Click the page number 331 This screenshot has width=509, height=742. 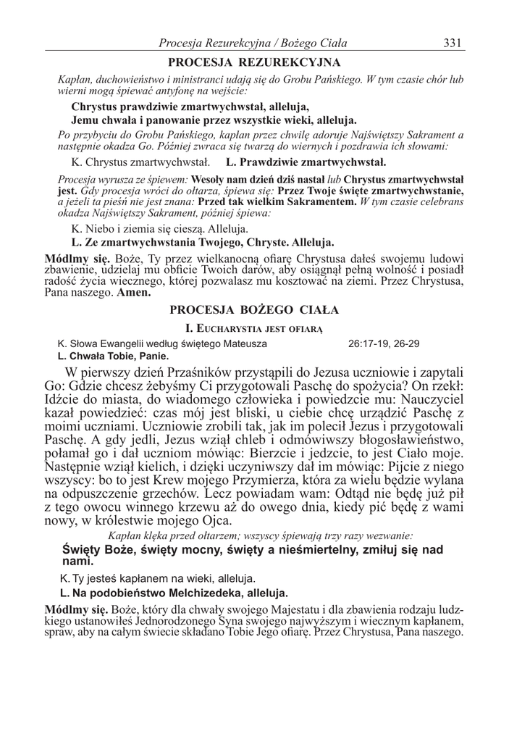453,42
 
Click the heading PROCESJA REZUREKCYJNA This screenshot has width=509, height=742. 254,62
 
